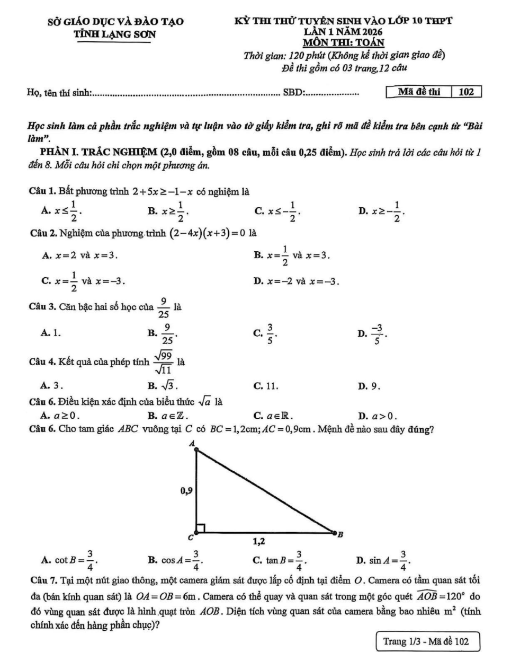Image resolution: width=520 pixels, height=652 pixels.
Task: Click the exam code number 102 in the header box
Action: [466, 92]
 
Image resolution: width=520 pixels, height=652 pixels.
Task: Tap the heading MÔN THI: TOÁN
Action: [343, 42]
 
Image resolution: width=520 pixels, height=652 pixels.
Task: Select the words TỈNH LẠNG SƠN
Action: [117, 33]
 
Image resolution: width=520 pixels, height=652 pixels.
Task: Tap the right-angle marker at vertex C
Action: [200, 528]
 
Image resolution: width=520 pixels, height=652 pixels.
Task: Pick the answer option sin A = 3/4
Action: [384, 559]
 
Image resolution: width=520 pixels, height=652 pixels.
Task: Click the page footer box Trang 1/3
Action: [426, 641]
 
